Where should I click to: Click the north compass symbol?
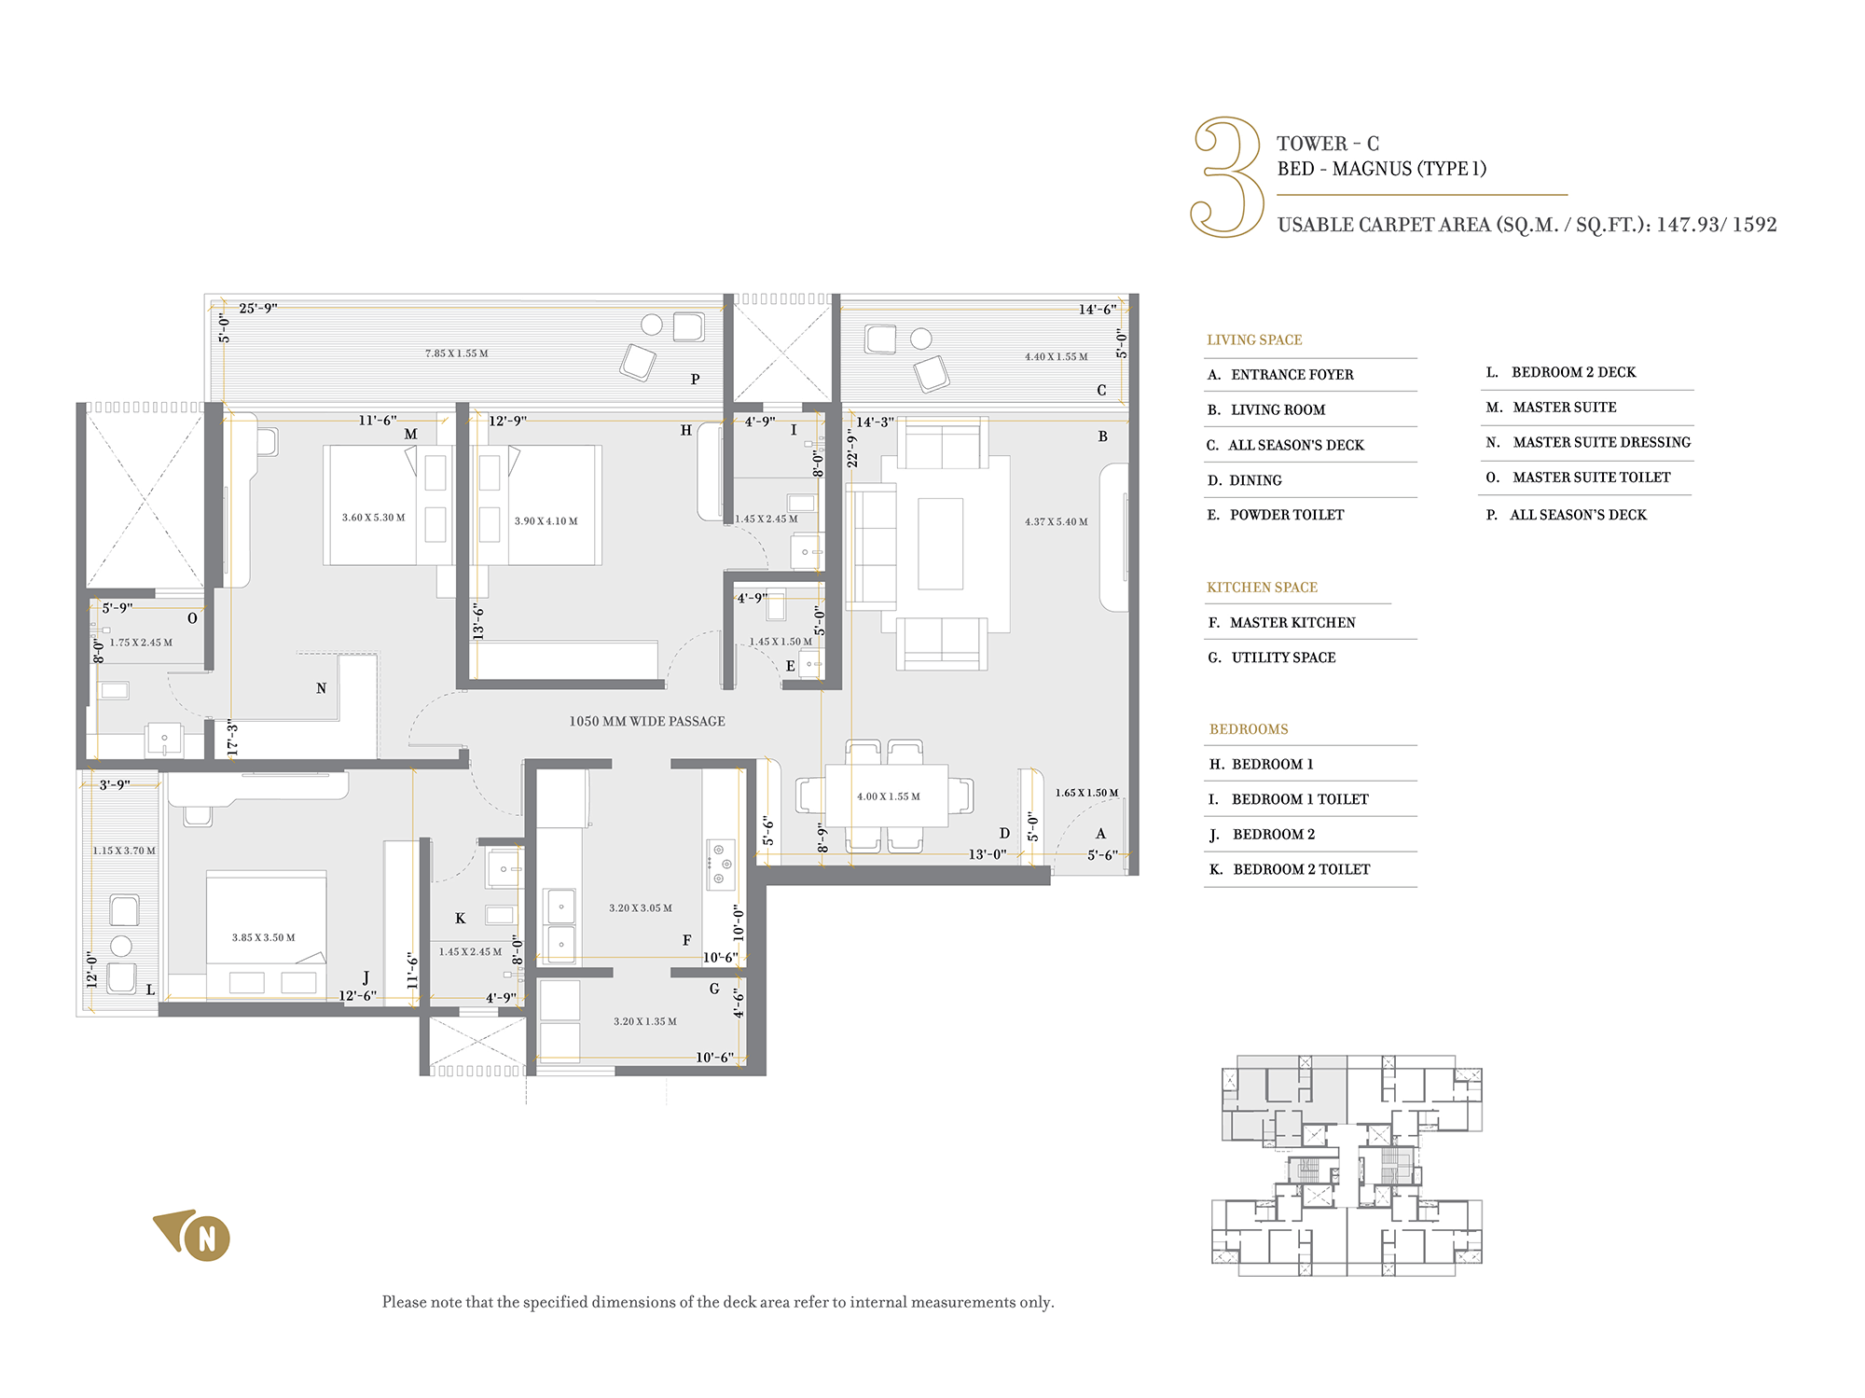194,1235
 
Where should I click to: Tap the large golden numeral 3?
1227,176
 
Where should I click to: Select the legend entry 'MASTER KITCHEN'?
1292,622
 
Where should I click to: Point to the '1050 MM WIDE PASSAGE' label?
647,721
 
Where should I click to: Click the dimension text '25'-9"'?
258,308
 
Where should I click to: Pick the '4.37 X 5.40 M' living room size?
1057,521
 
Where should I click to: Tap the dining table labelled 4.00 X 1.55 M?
887,796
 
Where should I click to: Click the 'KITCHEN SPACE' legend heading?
1262,588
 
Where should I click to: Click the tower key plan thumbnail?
1347,1166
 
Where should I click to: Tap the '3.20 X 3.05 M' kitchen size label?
641,907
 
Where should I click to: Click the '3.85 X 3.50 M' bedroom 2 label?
264,937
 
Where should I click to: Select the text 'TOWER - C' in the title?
1328,144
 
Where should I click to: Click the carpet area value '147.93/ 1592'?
1717,225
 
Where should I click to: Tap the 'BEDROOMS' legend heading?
1249,729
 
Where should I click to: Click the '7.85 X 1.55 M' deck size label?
457,353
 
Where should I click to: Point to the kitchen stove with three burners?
720,865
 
